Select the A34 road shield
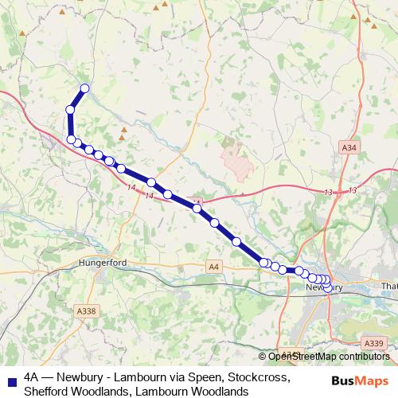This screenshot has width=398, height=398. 349,148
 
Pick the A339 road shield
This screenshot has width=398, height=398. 376,343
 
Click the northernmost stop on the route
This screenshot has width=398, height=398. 84,88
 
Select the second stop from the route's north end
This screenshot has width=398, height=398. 71,110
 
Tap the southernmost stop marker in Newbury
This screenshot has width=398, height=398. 327,287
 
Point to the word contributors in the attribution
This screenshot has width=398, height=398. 358,357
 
